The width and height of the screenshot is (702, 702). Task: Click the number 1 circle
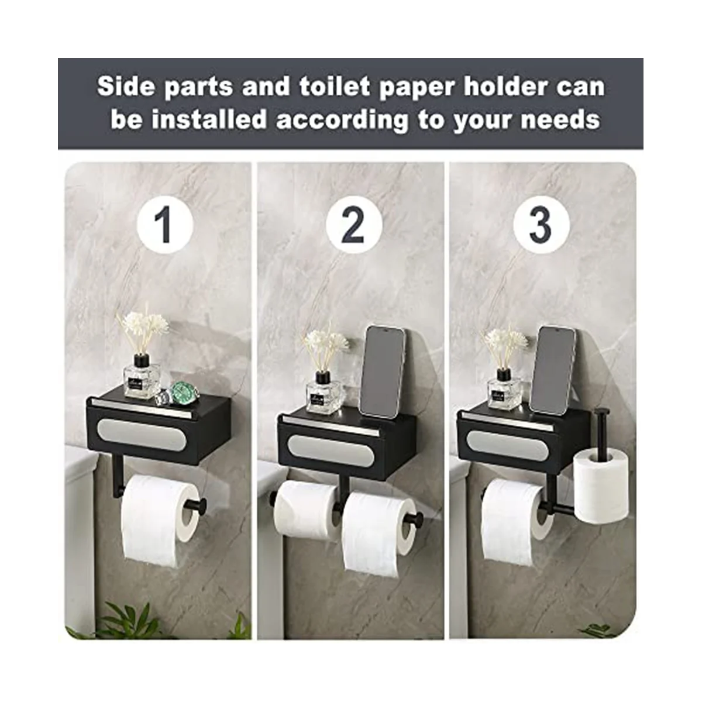[165, 225]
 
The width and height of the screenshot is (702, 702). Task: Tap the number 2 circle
[354, 225]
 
